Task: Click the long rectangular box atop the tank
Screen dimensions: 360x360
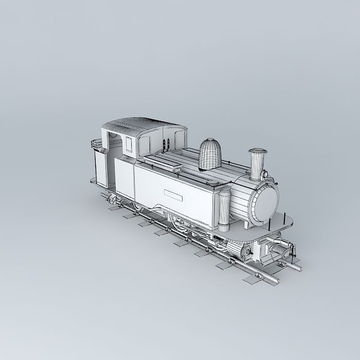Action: (163, 164)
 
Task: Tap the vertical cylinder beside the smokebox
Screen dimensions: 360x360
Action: (224, 211)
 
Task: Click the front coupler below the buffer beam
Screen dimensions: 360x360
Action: (281, 251)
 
